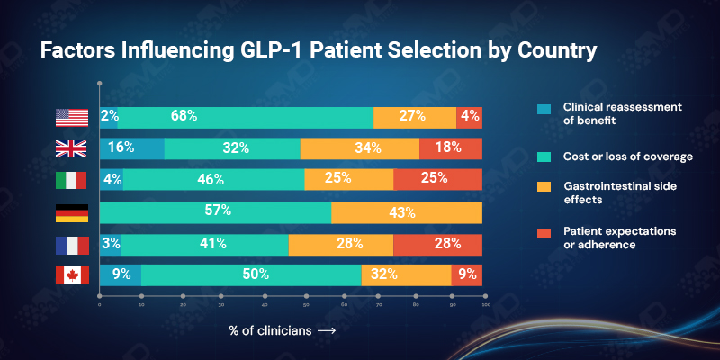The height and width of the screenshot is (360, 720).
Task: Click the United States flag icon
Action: click(x=72, y=117)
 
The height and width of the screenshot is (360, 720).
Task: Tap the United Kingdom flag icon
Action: click(x=72, y=148)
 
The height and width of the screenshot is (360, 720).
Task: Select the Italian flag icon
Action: click(x=72, y=180)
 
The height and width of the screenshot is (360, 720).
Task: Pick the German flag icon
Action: click(x=72, y=213)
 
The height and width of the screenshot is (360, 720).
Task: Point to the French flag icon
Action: click(x=72, y=244)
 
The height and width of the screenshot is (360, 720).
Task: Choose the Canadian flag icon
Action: click(x=72, y=275)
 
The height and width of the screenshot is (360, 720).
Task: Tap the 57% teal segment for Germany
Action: click(x=216, y=212)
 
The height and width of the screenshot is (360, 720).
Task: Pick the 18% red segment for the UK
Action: click(x=450, y=148)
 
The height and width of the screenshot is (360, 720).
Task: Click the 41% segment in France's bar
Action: click(x=204, y=244)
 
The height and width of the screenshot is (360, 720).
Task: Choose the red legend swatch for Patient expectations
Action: click(x=543, y=232)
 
